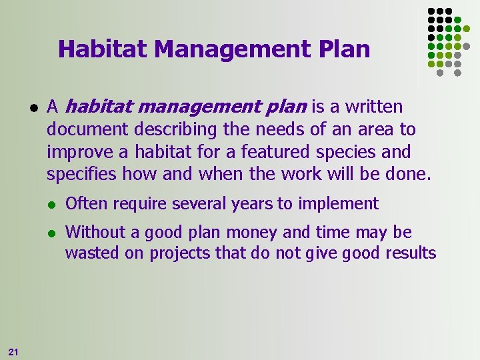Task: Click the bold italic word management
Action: coord(191,107)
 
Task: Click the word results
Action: coord(412,253)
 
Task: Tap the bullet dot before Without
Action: coord(52,233)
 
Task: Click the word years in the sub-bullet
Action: coord(251,203)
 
